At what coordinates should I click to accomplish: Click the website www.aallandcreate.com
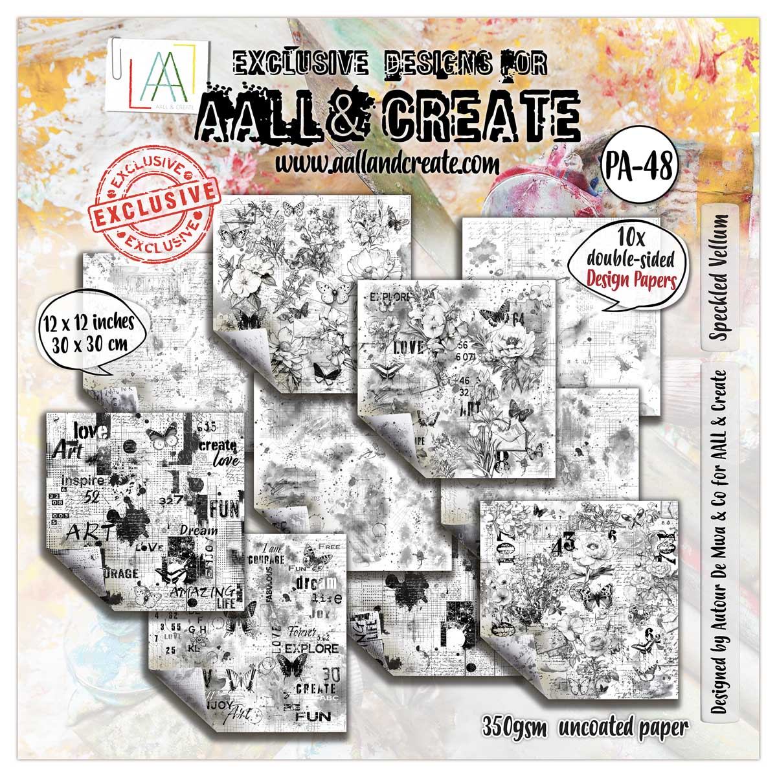point(387,163)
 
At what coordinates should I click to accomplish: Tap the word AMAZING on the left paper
point(198,591)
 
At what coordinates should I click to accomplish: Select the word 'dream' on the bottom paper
point(313,583)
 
